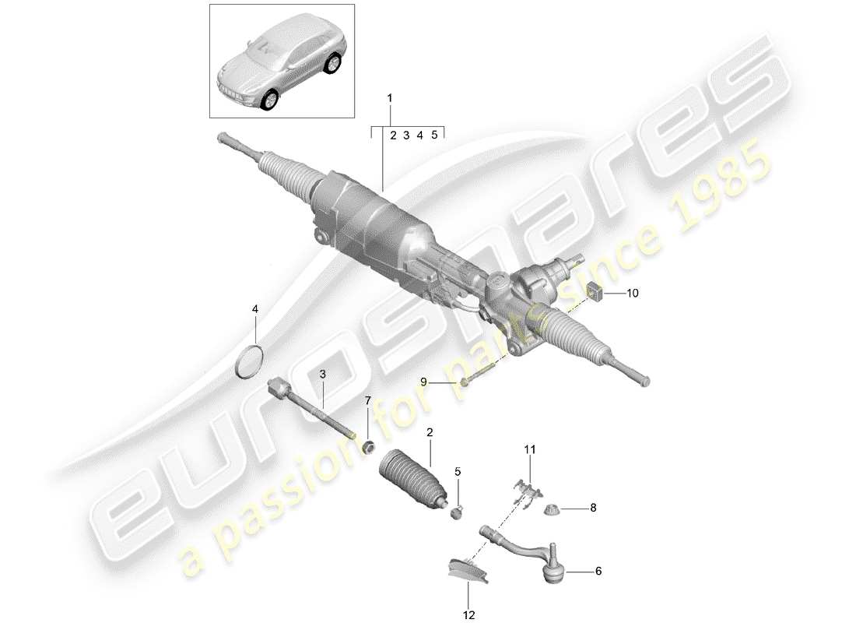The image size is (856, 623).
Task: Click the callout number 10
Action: tap(632, 294)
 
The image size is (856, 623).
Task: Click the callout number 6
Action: tap(598, 571)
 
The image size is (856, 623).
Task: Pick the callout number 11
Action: tap(530, 450)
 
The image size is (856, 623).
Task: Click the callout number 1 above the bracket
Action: tap(390, 99)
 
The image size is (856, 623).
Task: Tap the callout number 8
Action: tap(592, 508)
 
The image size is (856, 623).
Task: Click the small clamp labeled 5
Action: tap(457, 511)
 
